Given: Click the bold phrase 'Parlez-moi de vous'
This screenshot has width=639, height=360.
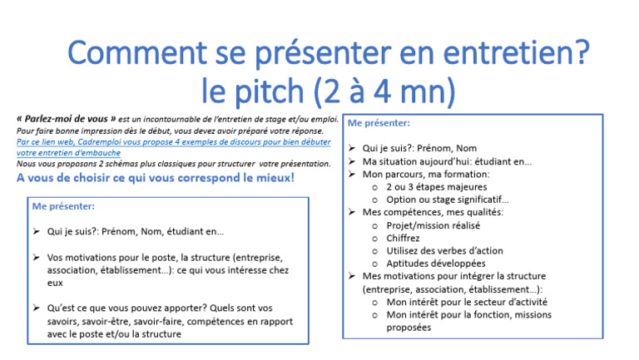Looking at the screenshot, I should pyautogui.click(x=67, y=120).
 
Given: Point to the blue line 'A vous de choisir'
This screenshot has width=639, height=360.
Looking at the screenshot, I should pyautogui.click(x=155, y=178).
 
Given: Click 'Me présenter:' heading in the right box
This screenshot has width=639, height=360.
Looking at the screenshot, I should pyautogui.click(x=378, y=123).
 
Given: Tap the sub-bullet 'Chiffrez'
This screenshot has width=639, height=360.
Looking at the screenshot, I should pyautogui.click(x=404, y=238).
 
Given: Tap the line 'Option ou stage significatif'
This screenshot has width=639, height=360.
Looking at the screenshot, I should pyautogui.click(x=447, y=200).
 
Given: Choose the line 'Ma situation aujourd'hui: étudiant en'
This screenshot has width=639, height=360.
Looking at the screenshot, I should pyautogui.click(x=447, y=161).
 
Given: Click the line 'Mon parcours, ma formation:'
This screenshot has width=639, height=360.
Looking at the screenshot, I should pyautogui.click(x=426, y=175).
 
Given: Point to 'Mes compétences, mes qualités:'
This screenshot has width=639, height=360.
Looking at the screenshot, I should pyautogui.click(x=433, y=213).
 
